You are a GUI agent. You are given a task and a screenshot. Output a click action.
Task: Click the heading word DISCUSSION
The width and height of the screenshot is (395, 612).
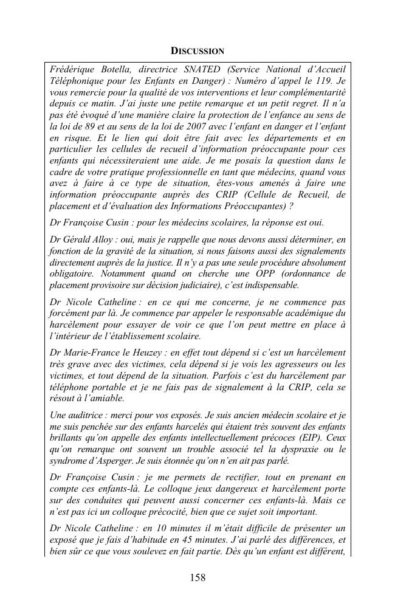197,50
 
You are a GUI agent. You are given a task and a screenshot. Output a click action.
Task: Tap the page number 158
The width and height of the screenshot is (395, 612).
197,577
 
